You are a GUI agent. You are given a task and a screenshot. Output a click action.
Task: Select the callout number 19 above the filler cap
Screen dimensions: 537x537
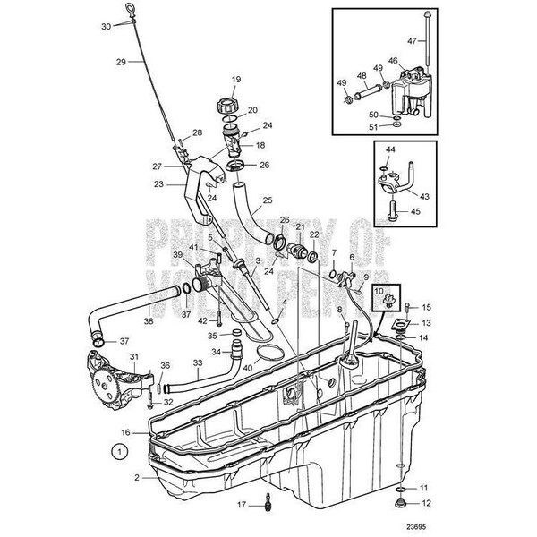click(x=236, y=80)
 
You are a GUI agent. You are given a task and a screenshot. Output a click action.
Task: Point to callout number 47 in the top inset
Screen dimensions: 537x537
click(x=438, y=41)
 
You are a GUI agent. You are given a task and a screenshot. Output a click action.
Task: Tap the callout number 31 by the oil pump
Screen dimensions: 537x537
click(x=134, y=356)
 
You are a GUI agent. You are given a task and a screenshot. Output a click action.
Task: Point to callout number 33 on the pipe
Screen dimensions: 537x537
click(x=198, y=364)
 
